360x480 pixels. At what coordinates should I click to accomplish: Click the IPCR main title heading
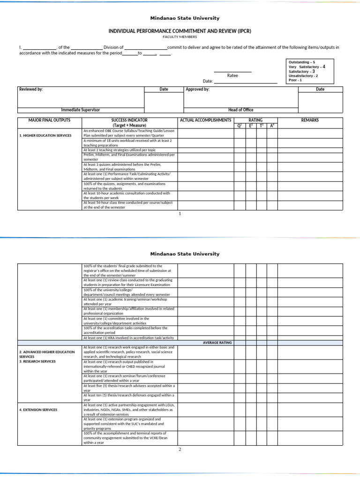coord(180,30)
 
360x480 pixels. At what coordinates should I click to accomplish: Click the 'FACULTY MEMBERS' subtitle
coord(180,37)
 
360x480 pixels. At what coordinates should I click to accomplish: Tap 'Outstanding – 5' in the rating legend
coord(302,62)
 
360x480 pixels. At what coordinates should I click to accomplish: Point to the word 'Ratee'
coord(232,75)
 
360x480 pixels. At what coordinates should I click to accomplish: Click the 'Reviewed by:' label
coord(31,89)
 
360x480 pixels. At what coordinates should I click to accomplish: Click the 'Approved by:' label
coord(198,89)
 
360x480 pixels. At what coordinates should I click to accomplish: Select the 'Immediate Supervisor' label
coord(81,110)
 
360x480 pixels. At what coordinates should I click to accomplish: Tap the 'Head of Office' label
coord(240,110)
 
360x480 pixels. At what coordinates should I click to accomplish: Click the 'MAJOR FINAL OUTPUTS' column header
coord(49,120)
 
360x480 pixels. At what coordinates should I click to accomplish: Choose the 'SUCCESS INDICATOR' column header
coord(129,120)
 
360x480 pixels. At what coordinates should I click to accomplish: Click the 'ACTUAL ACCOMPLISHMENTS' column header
coord(205,120)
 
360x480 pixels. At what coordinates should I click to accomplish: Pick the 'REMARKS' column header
coord(310,120)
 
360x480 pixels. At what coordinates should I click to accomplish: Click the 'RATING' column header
coord(255,120)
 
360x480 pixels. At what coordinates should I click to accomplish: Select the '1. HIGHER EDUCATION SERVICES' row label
coord(45,135)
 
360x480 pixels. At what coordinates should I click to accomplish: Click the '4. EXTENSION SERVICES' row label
coord(38,410)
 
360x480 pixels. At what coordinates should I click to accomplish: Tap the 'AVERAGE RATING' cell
coord(217,343)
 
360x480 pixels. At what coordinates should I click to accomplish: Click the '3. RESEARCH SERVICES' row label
coord(37,361)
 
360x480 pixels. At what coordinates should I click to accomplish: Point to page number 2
coord(180,449)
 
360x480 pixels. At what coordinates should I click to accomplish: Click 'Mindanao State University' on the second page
coord(184,254)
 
